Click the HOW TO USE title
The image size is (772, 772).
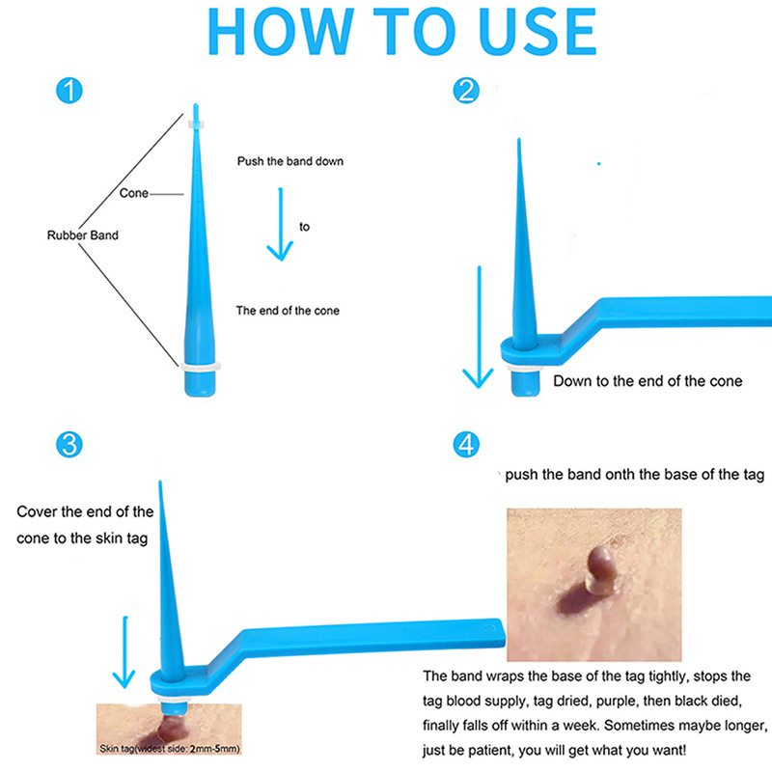402,32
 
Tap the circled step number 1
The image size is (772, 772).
69,91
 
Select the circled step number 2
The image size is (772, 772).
466,91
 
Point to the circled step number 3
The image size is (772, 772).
69,445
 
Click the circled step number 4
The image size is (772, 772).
466,445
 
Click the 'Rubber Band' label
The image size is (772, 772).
83,235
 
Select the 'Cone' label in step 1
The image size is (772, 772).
133,193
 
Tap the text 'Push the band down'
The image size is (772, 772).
290,161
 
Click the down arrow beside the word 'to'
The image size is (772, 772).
280,224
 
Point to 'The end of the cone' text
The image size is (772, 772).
288,311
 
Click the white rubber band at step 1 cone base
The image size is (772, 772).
200,367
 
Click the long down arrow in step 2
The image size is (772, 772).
479,327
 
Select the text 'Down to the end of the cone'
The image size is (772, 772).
648,381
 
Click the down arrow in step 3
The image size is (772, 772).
124,652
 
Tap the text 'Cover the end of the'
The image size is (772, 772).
85,512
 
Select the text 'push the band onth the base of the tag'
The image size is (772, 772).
635,475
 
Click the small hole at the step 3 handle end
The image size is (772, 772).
488,628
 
